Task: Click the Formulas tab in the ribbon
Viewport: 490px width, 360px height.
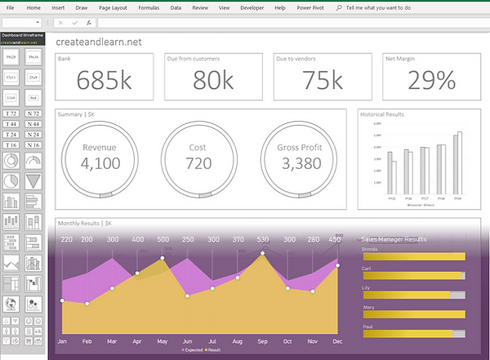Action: pyautogui.click(x=149, y=7)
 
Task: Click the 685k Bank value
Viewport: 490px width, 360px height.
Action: pyautogui.click(x=104, y=80)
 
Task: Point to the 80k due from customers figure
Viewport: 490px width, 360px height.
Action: pyautogui.click(x=213, y=80)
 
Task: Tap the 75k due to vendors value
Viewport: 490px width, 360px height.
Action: pyautogui.click(x=322, y=80)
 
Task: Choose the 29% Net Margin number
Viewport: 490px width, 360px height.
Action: pyautogui.click(x=430, y=80)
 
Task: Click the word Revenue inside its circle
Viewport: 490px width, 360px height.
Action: pyautogui.click(x=102, y=147)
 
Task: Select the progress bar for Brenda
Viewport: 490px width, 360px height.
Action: pyautogui.click(x=413, y=256)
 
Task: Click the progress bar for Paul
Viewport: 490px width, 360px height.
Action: pyautogui.click(x=413, y=334)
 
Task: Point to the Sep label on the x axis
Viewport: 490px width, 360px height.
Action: pyautogui.click(x=262, y=340)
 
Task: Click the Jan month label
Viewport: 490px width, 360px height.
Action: pyautogui.click(x=62, y=340)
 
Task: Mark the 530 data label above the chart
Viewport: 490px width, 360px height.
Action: pyautogui.click(x=262, y=239)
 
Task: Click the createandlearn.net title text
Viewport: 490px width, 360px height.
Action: pyautogui.click(x=94, y=40)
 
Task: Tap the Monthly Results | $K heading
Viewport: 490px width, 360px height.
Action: pyautogui.click(x=85, y=223)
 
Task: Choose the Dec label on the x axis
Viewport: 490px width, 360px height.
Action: pyautogui.click(x=337, y=340)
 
